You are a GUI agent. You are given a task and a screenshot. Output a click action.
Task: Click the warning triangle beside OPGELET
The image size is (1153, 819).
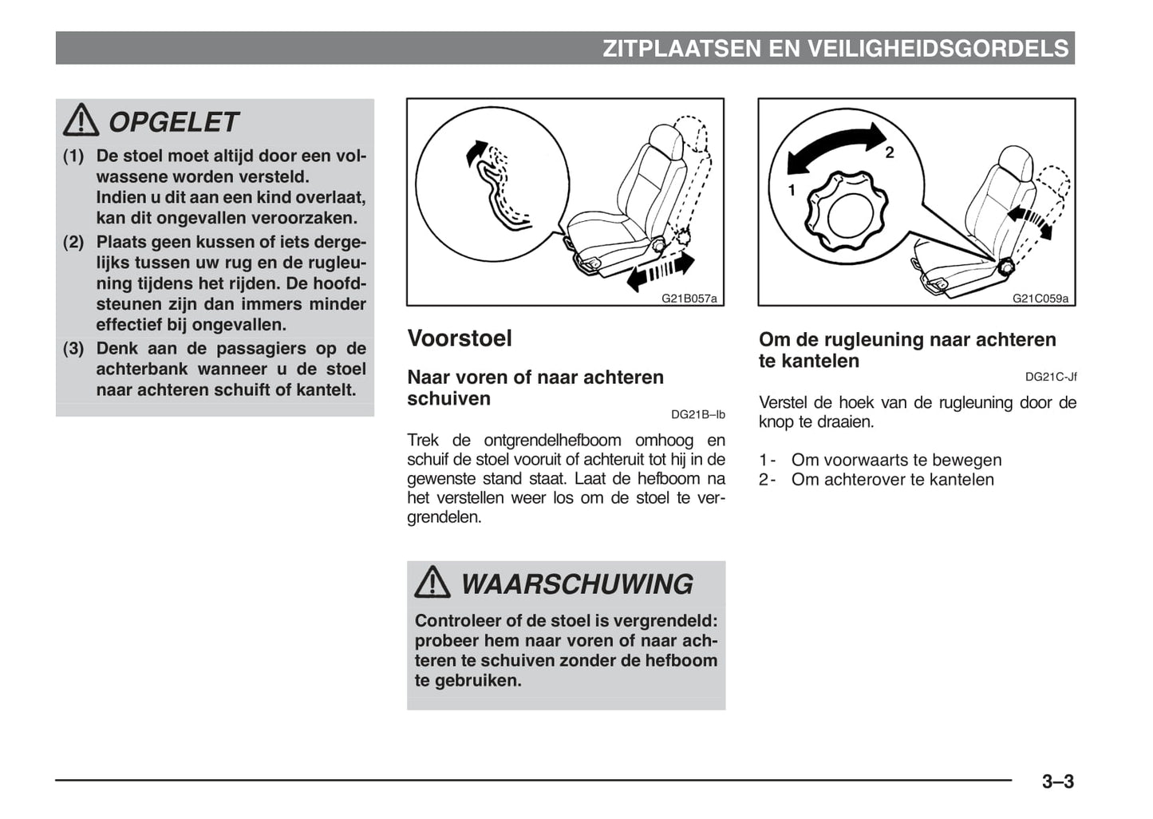(x=81, y=121)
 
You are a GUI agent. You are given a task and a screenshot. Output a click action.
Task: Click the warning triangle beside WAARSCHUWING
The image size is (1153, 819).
(x=432, y=583)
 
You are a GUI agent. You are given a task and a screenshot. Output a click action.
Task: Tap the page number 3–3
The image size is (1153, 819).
(x=1057, y=781)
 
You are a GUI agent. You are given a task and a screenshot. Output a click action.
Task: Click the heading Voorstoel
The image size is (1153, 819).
(x=460, y=338)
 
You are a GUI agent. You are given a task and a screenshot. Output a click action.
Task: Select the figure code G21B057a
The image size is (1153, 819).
(x=689, y=299)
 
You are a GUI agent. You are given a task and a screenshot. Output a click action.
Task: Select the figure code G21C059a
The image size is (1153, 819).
(x=1040, y=299)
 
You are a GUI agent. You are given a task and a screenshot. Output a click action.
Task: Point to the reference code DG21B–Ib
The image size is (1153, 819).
(x=697, y=414)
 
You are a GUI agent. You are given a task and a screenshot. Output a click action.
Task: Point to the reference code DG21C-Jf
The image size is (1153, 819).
(x=1050, y=377)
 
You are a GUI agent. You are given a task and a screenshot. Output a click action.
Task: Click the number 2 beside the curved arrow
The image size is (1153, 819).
(x=890, y=152)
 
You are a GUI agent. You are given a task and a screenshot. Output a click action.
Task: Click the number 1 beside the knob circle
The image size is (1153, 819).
(x=792, y=190)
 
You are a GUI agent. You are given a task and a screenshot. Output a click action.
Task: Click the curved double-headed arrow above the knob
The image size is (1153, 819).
(x=835, y=148)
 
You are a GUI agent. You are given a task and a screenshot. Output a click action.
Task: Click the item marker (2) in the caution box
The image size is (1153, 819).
(x=73, y=242)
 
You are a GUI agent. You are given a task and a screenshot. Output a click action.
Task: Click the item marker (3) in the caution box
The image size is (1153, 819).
(x=73, y=348)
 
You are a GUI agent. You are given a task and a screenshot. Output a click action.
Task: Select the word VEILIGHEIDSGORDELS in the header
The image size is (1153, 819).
(x=938, y=49)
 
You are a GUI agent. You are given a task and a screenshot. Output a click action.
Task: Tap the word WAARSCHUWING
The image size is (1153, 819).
(x=576, y=584)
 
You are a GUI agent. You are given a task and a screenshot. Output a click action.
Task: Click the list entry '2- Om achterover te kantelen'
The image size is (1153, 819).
(x=876, y=480)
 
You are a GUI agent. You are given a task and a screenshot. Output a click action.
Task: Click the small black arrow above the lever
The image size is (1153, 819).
(x=476, y=150)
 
